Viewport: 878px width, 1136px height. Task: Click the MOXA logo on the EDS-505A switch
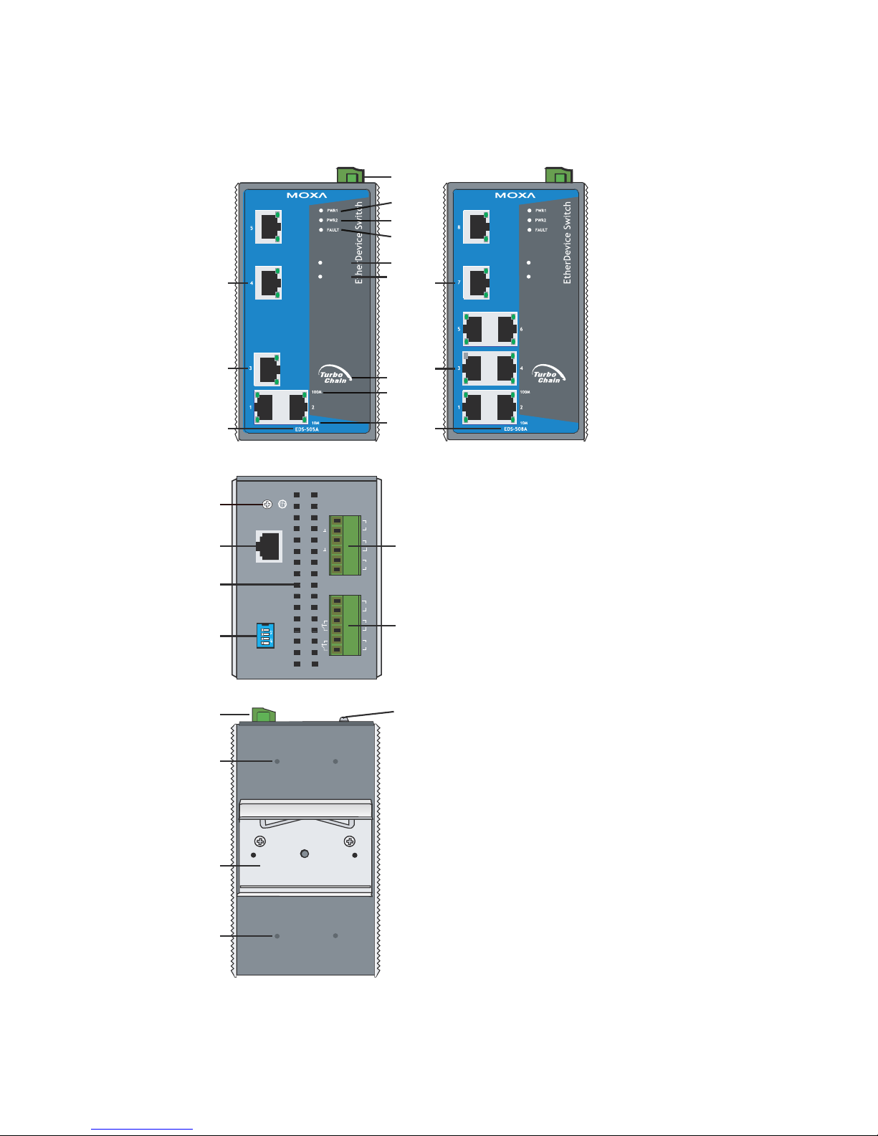(307, 195)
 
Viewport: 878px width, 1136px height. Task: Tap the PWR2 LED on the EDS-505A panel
(321, 220)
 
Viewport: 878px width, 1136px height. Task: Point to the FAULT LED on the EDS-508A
(529, 230)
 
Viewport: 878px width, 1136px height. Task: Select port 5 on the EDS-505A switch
(268, 227)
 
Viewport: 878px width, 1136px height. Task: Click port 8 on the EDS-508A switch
(477, 227)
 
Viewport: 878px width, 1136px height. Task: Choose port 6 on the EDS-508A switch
(505, 329)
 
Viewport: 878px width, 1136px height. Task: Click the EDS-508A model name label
(515, 429)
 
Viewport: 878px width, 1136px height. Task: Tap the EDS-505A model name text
(307, 429)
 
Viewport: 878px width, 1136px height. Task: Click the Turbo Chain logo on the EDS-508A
(548, 375)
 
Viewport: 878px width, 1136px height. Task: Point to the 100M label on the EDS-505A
(317, 392)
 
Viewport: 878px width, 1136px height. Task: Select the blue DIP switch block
(266, 636)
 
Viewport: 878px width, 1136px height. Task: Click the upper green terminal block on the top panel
(345, 545)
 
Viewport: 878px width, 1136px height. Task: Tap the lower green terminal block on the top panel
(345, 625)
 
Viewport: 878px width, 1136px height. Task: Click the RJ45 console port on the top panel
(268, 547)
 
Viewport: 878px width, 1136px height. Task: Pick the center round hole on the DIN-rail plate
(305, 854)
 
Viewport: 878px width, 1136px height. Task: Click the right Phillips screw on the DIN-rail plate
(350, 841)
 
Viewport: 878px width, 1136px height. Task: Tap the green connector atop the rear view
(263, 715)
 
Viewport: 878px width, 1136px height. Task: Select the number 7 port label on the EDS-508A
(459, 282)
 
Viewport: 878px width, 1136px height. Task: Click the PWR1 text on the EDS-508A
(540, 211)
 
